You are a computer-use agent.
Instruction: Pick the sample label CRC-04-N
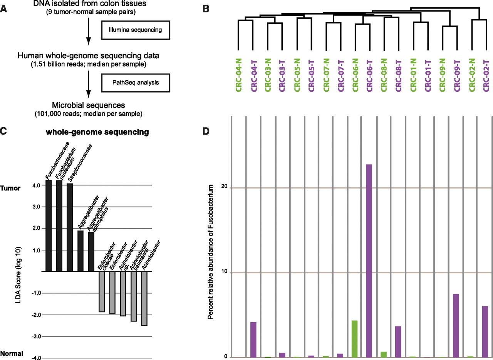(x=238, y=75)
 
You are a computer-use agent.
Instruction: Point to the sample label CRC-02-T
(x=485, y=75)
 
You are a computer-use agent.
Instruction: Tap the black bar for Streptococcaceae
(x=70, y=227)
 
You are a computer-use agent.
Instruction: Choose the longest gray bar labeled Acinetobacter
(x=144, y=299)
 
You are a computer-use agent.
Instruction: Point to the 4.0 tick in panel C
(x=37, y=185)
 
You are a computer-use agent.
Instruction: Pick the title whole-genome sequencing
(x=97, y=133)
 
